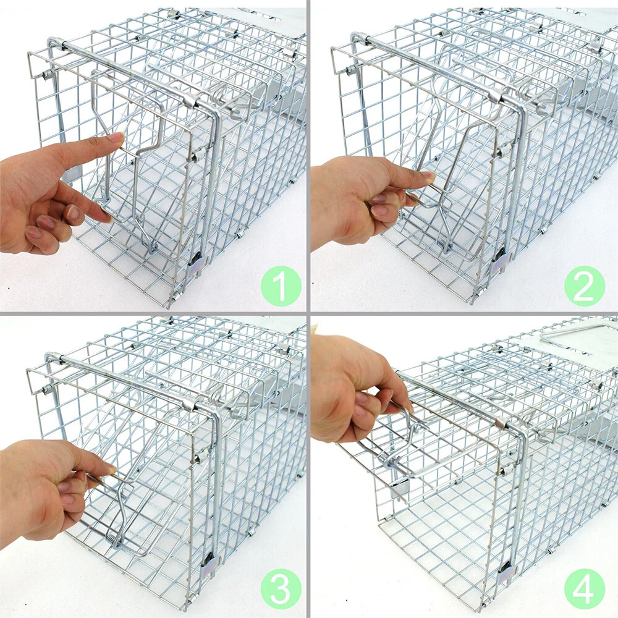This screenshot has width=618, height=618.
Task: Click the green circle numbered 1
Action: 281,285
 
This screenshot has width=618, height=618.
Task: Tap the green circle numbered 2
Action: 584,285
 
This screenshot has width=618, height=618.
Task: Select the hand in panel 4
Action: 352,383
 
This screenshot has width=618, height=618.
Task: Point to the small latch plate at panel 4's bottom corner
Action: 505,572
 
